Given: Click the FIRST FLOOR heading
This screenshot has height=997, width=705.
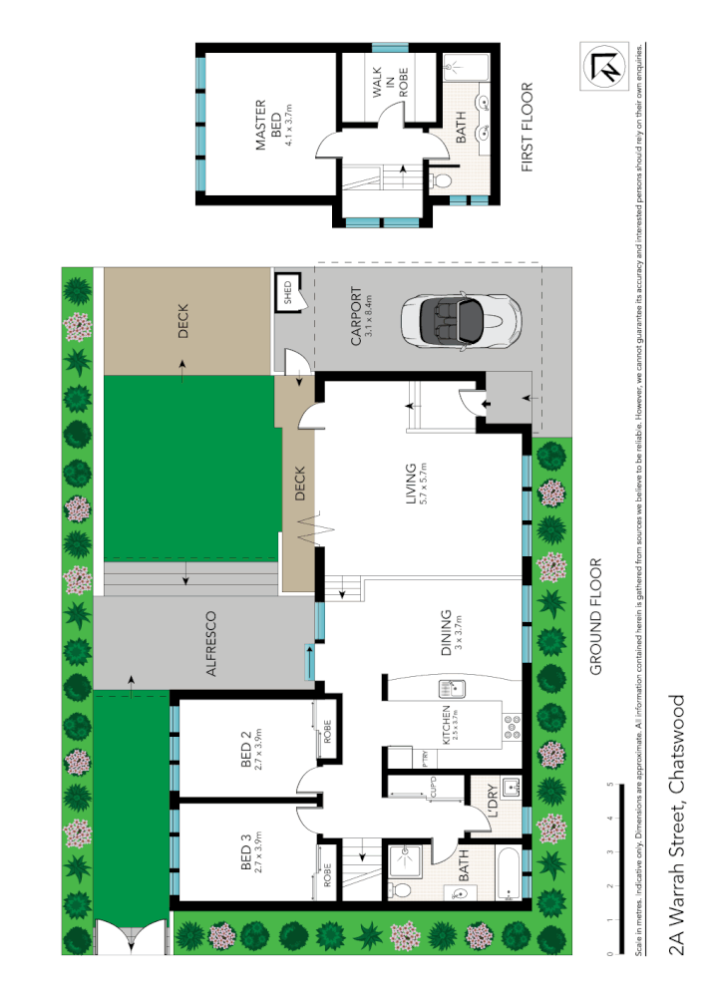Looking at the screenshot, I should tap(529, 127).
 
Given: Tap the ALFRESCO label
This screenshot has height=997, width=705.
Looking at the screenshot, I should tap(211, 645).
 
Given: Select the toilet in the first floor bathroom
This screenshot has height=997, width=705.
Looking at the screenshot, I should tap(440, 181).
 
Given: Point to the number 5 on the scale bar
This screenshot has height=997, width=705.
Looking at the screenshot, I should tap(609, 785).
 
